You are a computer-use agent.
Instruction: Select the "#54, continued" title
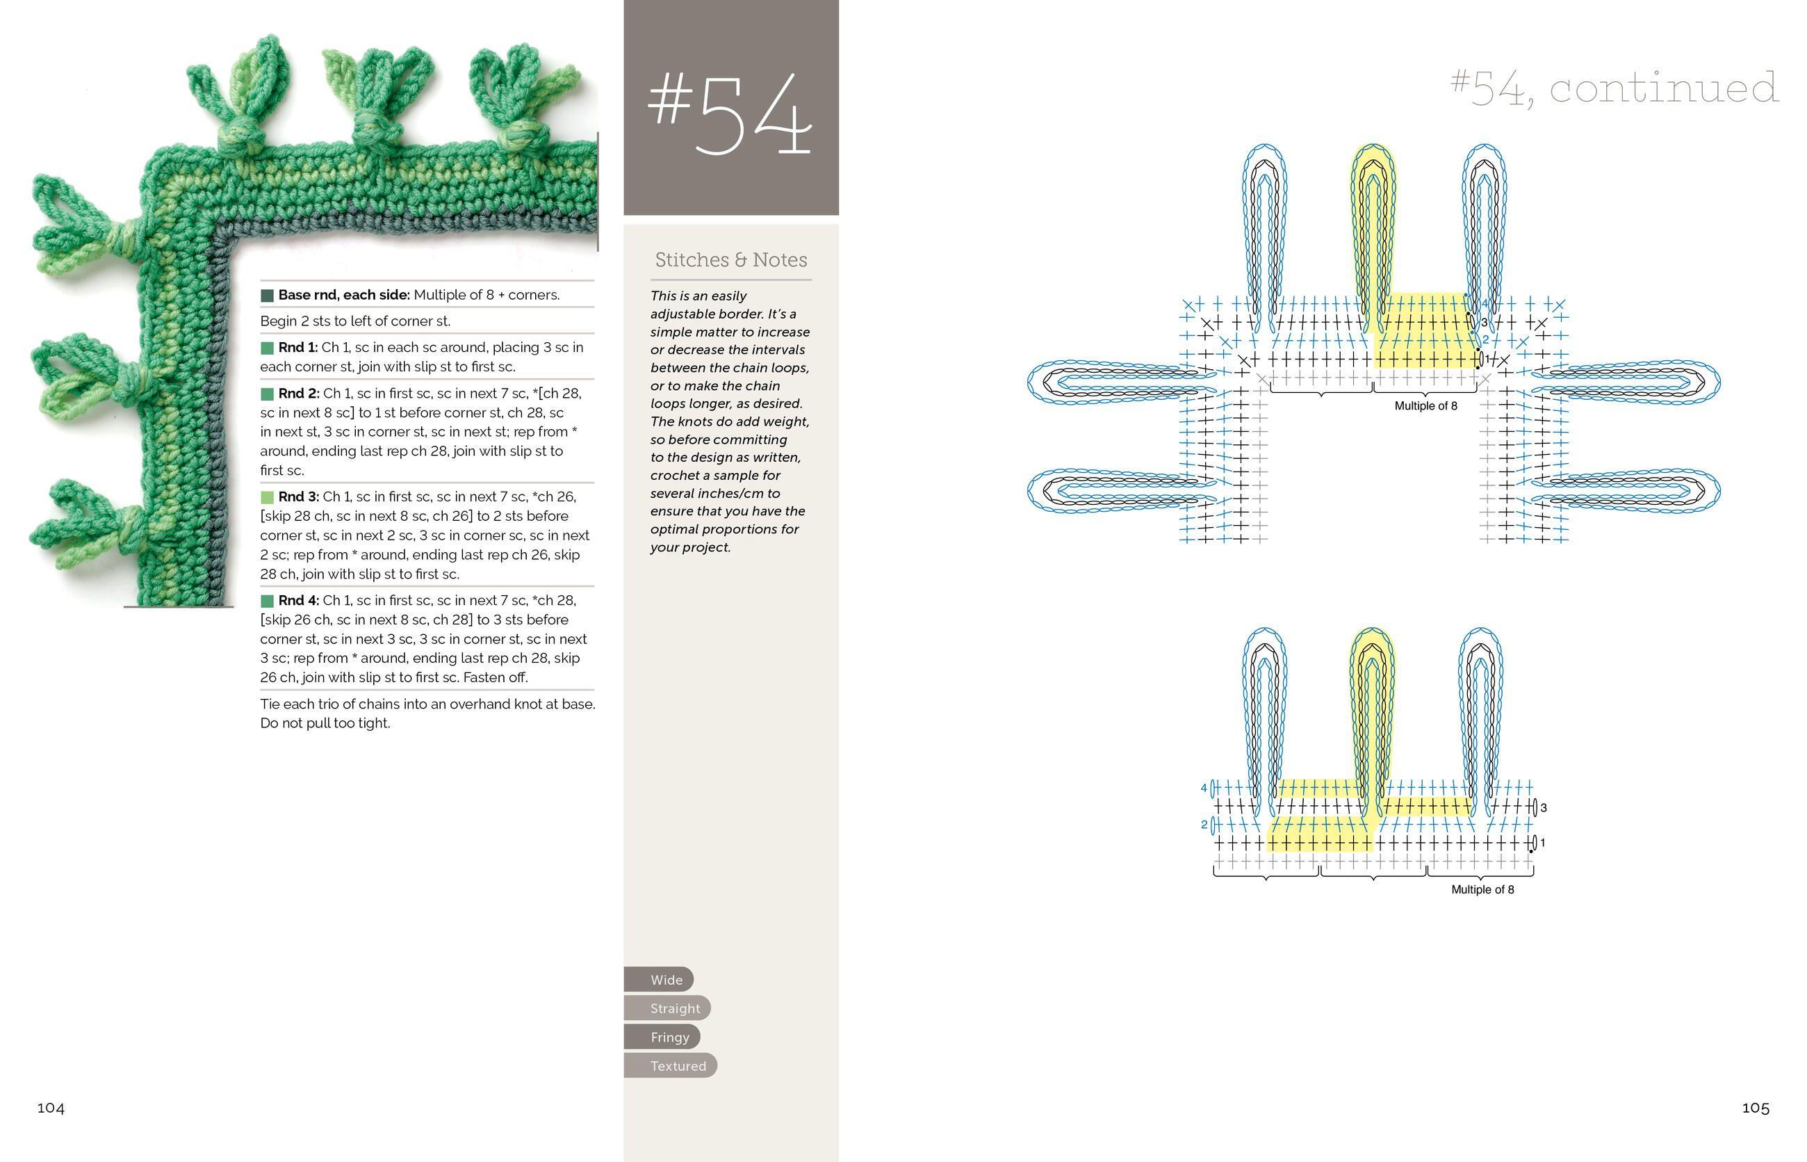pos(1614,88)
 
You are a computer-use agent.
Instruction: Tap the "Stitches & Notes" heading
pos(731,260)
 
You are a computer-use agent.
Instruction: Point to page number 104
pos(51,1108)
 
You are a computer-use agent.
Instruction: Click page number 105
pos(1755,1108)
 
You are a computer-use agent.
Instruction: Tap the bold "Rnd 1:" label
pos(298,348)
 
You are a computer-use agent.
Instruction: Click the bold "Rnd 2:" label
pos(299,394)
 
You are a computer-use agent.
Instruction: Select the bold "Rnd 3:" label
pos(299,497)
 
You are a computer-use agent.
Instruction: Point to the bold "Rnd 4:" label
pos(299,601)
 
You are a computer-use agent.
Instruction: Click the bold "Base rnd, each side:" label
pos(344,295)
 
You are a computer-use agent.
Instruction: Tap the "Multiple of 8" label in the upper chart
pos(1425,406)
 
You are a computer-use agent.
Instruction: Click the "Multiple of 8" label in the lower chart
pos(1482,889)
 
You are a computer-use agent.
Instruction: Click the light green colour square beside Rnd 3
pos(267,497)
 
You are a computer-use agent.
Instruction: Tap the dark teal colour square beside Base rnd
pos(267,295)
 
